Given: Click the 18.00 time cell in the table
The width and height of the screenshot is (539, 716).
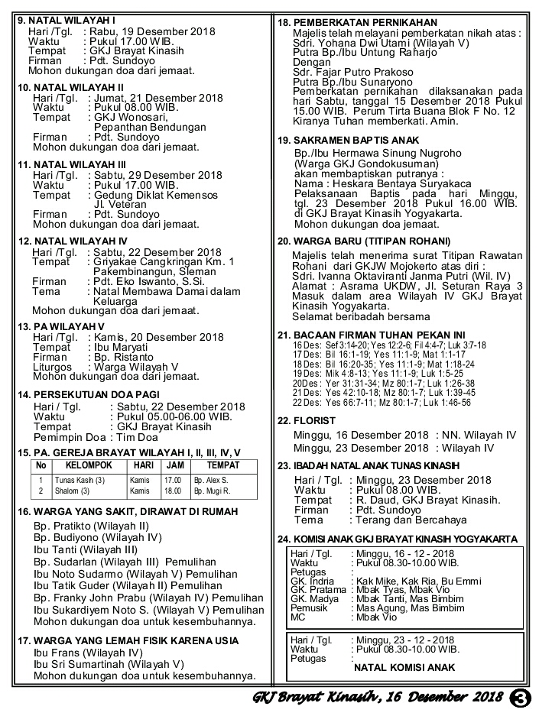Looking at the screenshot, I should pos(172,491).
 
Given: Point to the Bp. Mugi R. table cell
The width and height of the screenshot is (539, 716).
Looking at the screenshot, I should pos(212,491).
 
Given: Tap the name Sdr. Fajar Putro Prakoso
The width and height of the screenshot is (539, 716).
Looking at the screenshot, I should pos(352,73).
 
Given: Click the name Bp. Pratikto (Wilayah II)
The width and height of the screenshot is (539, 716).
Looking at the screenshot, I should pos(91,526).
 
